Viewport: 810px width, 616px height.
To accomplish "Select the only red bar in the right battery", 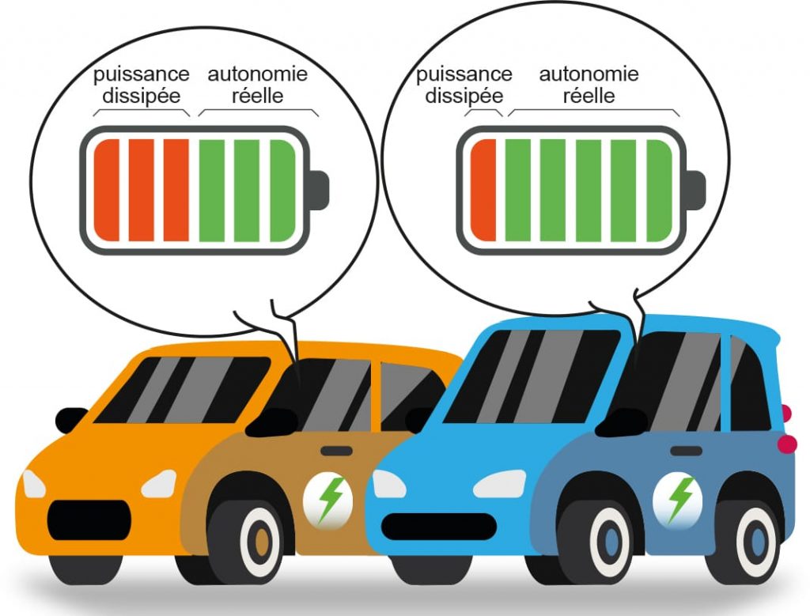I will tap(483, 190).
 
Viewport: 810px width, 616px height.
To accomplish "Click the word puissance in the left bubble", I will tap(141, 75).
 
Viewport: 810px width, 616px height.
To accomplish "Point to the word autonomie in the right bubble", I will tap(589, 75).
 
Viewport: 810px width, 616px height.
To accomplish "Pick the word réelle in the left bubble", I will tap(255, 96).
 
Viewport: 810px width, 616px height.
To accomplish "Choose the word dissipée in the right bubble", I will tap(464, 96).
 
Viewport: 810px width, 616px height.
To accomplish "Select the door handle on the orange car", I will tap(337, 451).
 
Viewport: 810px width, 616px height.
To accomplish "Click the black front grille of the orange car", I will tap(86, 520).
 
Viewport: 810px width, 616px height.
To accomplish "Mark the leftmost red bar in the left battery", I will tap(106, 190).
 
